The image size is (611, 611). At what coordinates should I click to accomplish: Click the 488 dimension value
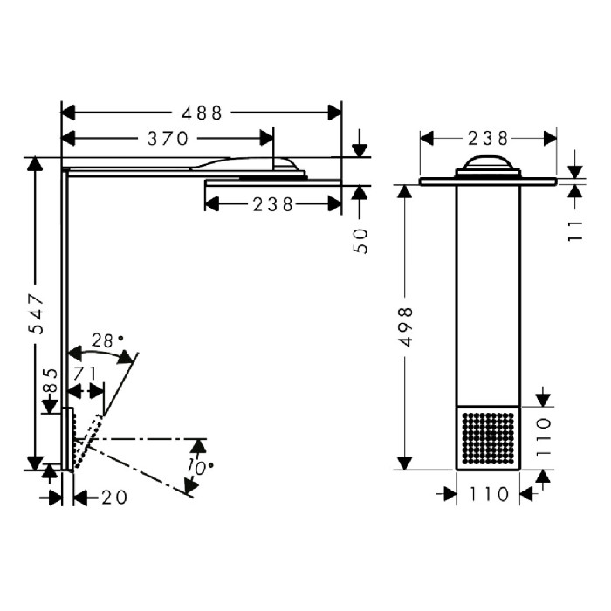tap(202, 113)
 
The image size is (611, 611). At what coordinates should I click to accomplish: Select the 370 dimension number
tap(168, 138)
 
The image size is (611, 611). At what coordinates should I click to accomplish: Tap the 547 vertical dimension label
tap(38, 313)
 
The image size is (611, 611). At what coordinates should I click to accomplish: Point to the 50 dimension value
tap(361, 242)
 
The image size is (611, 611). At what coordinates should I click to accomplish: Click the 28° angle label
tap(106, 341)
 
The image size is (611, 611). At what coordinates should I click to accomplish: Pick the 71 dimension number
tap(85, 374)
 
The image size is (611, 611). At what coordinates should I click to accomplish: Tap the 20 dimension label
tap(114, 498)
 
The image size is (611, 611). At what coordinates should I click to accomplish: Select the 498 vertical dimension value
tap(407, 327)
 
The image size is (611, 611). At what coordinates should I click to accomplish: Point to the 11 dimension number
tap(575, 231)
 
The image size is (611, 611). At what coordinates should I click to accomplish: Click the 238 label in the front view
tap(488, 138)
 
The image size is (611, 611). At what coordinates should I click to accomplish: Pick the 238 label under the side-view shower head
tap(272, 204)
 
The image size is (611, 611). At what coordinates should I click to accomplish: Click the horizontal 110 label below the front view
tap(489, 495)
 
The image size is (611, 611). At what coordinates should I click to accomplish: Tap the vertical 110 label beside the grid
tap(543, 436)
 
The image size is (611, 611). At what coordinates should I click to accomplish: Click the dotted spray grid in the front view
tap(488, 439)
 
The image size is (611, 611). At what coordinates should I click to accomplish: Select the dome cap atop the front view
tap(488, 163)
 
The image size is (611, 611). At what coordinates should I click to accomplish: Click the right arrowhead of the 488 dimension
tap(334, 113)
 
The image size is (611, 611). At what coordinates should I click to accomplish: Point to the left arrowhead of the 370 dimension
tap(68, 138)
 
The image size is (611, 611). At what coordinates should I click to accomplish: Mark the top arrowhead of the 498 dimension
tap(405, 191)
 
